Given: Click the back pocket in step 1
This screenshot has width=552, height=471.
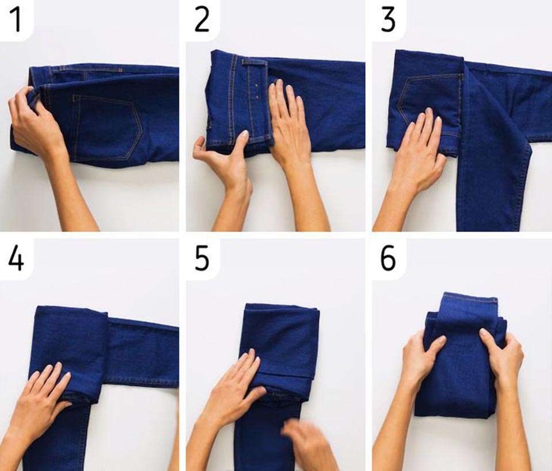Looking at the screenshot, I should pos(106,127).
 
